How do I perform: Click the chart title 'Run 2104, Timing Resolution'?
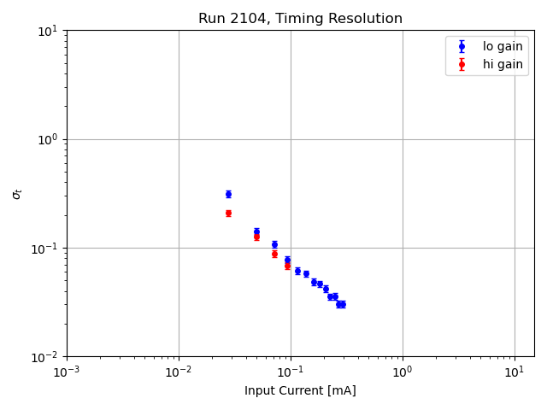(300, 19)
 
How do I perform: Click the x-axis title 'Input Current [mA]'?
(300, 390)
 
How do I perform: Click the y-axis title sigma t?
(17, 194)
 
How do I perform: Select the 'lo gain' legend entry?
(503, 47)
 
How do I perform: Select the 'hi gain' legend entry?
(503, 64)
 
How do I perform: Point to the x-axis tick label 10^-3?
(67, 372)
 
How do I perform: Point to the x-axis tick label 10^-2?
(179, 372)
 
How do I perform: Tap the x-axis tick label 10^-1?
(291, 372)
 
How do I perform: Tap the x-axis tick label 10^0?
(403, 372)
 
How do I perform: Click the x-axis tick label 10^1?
(515, 372)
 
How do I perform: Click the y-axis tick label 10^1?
(48, 31)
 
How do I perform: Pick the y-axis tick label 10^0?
(48, 139)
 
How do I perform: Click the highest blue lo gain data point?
(228, 194)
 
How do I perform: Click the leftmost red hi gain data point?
(228, 213)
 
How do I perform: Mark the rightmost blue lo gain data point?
(343, 304)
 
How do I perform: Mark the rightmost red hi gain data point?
(287, 266)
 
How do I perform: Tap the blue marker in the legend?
(462, 47)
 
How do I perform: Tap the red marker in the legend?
(462, 64)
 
